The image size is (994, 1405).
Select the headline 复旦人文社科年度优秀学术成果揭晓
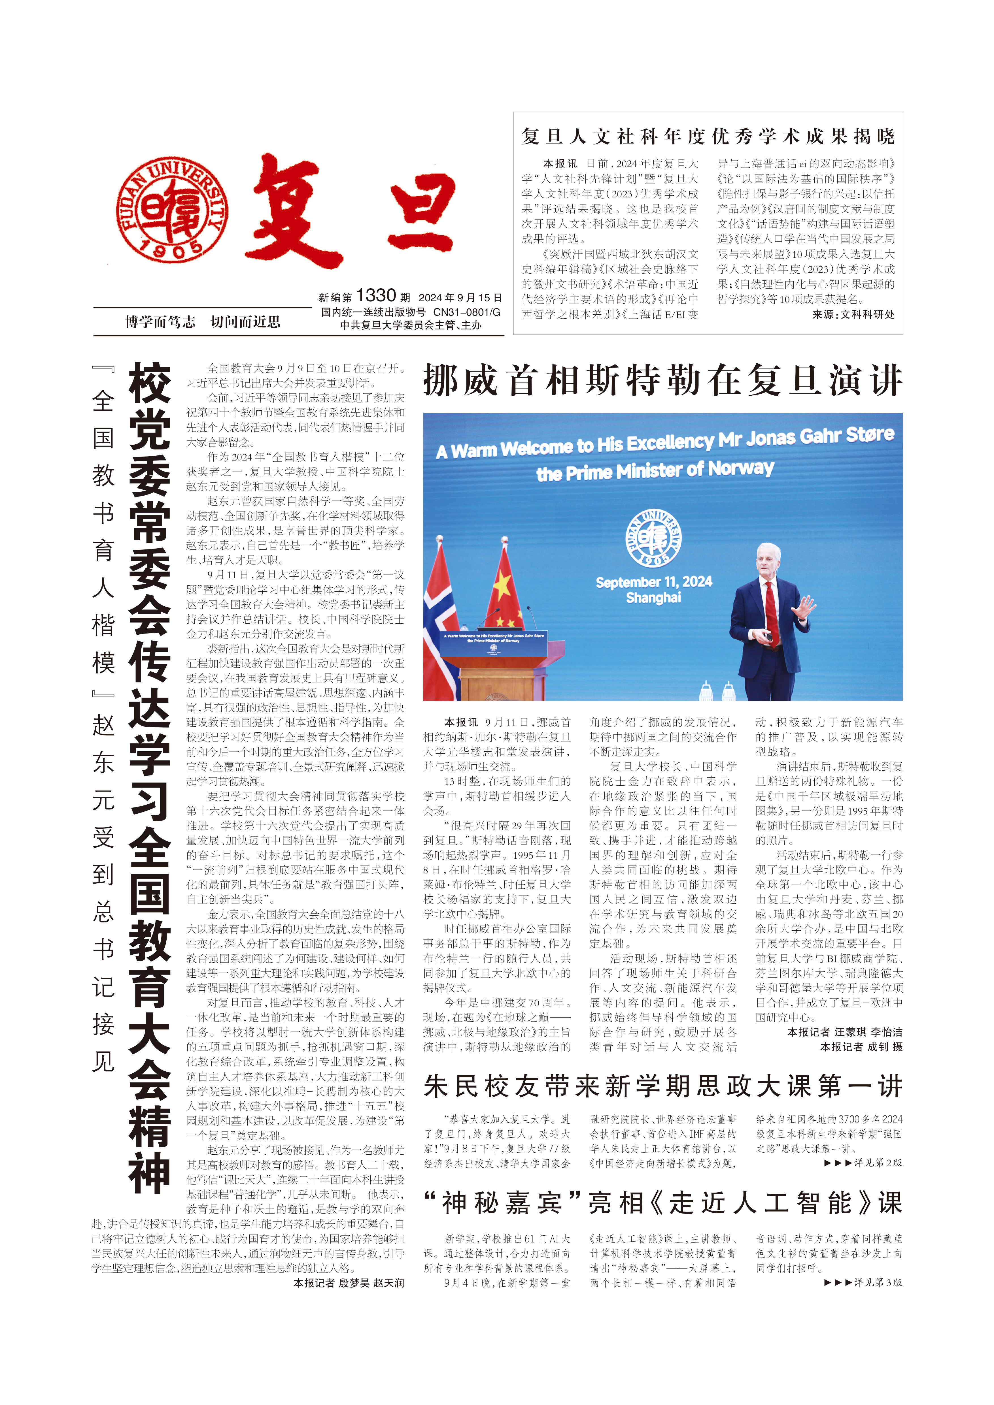click(708, 137)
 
